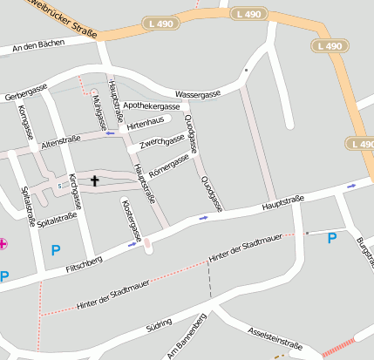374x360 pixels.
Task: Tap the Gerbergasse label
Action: coord(25,91)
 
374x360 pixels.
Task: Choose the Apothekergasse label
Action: coord(151,105)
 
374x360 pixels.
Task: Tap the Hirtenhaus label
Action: coord(145,123)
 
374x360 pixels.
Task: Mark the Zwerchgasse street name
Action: coord(162,141)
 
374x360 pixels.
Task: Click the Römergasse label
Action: coord(169,164)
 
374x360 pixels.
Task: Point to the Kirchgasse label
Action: coord(75,192)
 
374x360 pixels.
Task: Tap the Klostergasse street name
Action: coord(131,220)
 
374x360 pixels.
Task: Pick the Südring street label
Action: coord(158,325)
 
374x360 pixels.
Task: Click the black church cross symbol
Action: coord(94,181)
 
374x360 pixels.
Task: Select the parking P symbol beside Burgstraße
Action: coord(331,238)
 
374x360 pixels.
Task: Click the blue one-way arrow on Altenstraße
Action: coord(110,133)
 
